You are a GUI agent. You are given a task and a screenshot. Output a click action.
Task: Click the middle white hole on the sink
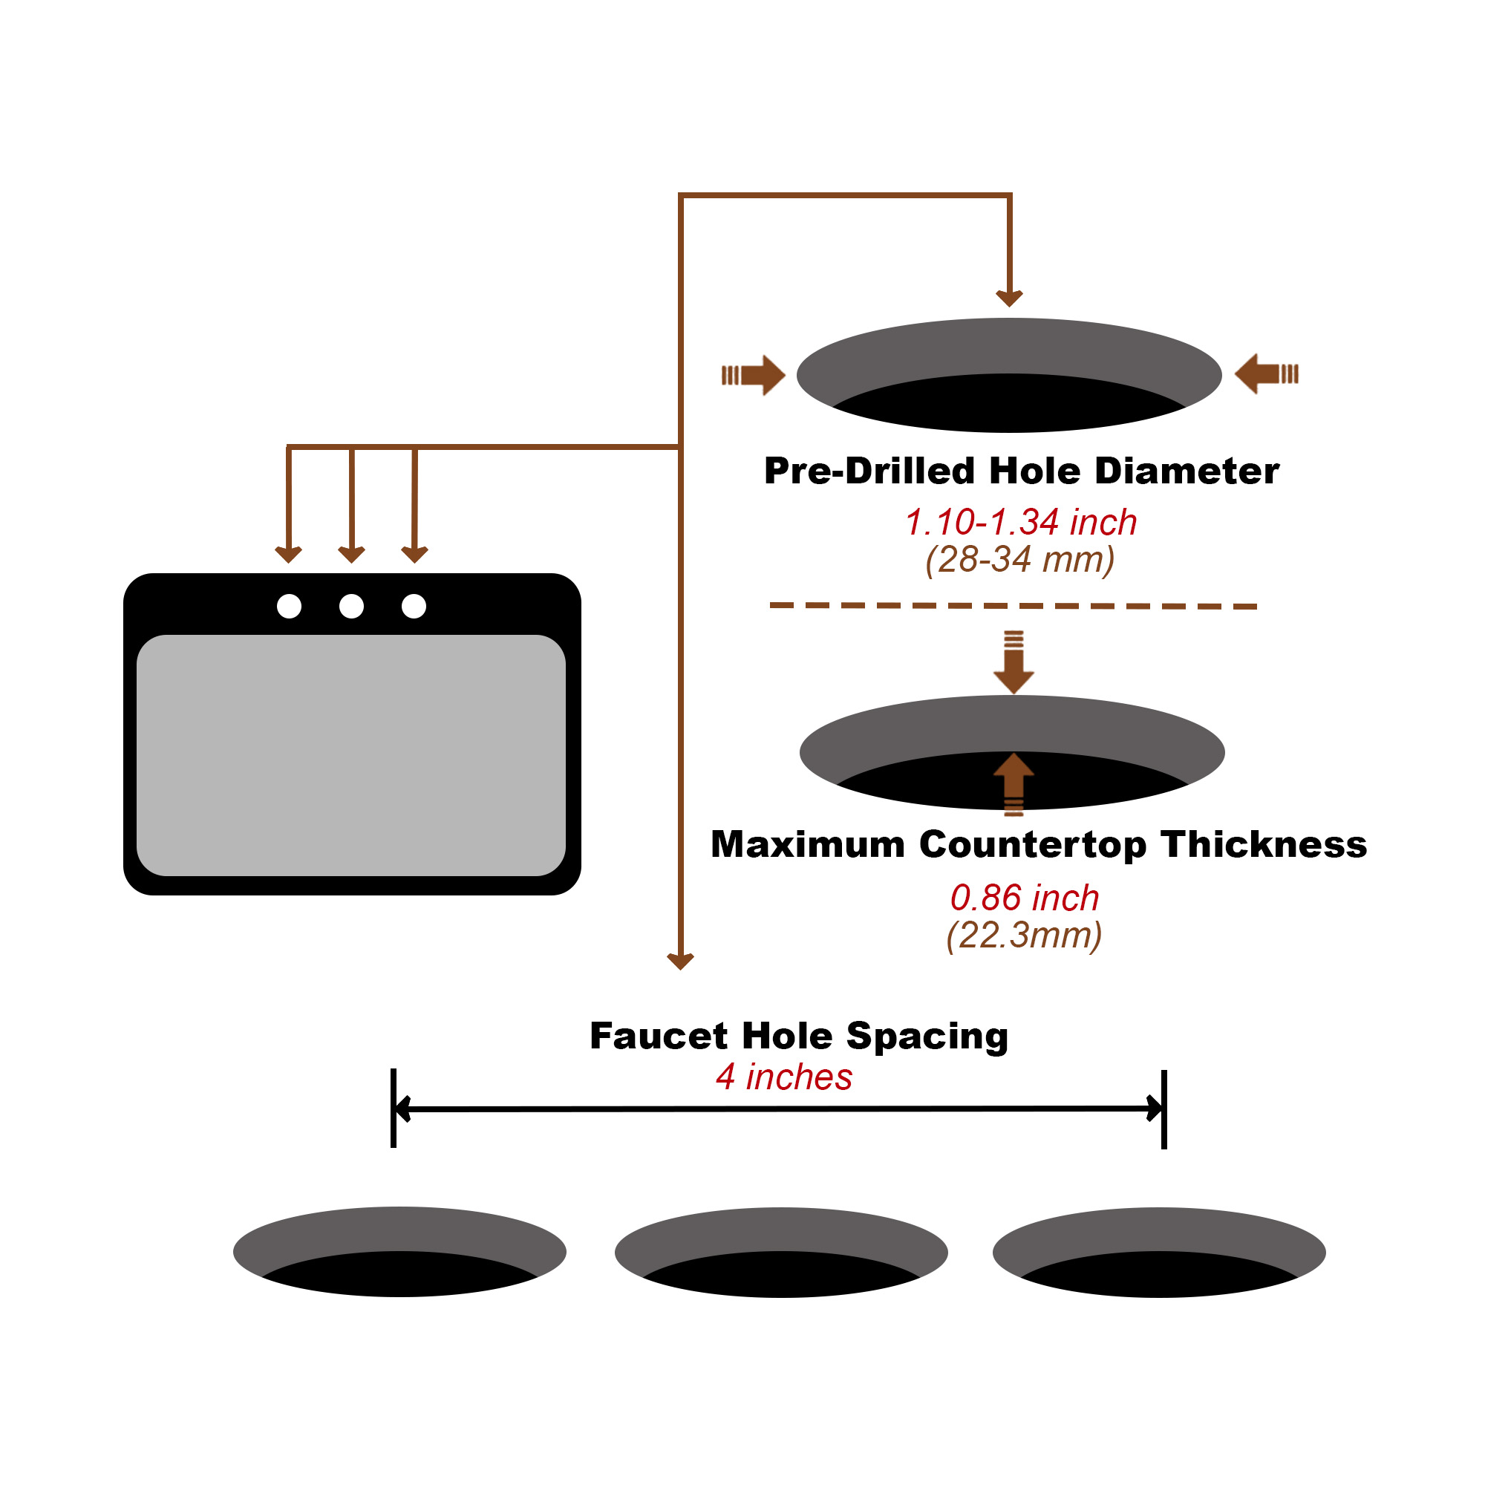[351, 606]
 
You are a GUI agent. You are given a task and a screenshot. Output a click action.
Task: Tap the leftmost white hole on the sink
[289, 606]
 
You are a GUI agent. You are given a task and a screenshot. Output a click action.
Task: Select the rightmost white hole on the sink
[414, 606]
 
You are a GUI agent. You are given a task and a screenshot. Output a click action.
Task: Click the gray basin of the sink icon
[350, 755]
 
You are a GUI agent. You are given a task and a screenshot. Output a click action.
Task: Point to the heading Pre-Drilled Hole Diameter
[1021, 471]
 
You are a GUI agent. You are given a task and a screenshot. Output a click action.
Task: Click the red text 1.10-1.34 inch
[1020, 523]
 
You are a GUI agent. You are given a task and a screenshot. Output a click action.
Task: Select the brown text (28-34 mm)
[1020, 560]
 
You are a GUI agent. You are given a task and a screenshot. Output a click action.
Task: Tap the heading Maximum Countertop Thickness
[1039, 845]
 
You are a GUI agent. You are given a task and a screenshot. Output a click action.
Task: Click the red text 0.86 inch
[1024, 898]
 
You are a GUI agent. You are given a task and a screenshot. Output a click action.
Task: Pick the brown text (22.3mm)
[1024, 936]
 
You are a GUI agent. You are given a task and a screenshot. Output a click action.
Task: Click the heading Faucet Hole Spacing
[799, 1035]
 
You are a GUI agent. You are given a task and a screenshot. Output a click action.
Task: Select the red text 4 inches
[784, 1077]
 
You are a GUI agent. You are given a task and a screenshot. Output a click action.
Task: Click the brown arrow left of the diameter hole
[753, 375]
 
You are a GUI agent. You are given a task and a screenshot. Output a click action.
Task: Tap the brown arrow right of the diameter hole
[1266, 373]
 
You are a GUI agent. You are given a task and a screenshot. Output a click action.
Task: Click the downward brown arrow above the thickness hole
[1014, 662]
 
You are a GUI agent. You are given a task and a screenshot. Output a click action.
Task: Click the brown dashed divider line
[1013, 606]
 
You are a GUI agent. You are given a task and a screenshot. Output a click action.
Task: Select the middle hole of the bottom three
[781, 1252]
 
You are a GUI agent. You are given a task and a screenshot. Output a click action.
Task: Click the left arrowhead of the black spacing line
[401, 1109]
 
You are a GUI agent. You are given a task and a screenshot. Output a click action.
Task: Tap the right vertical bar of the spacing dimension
[1164, 1109]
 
